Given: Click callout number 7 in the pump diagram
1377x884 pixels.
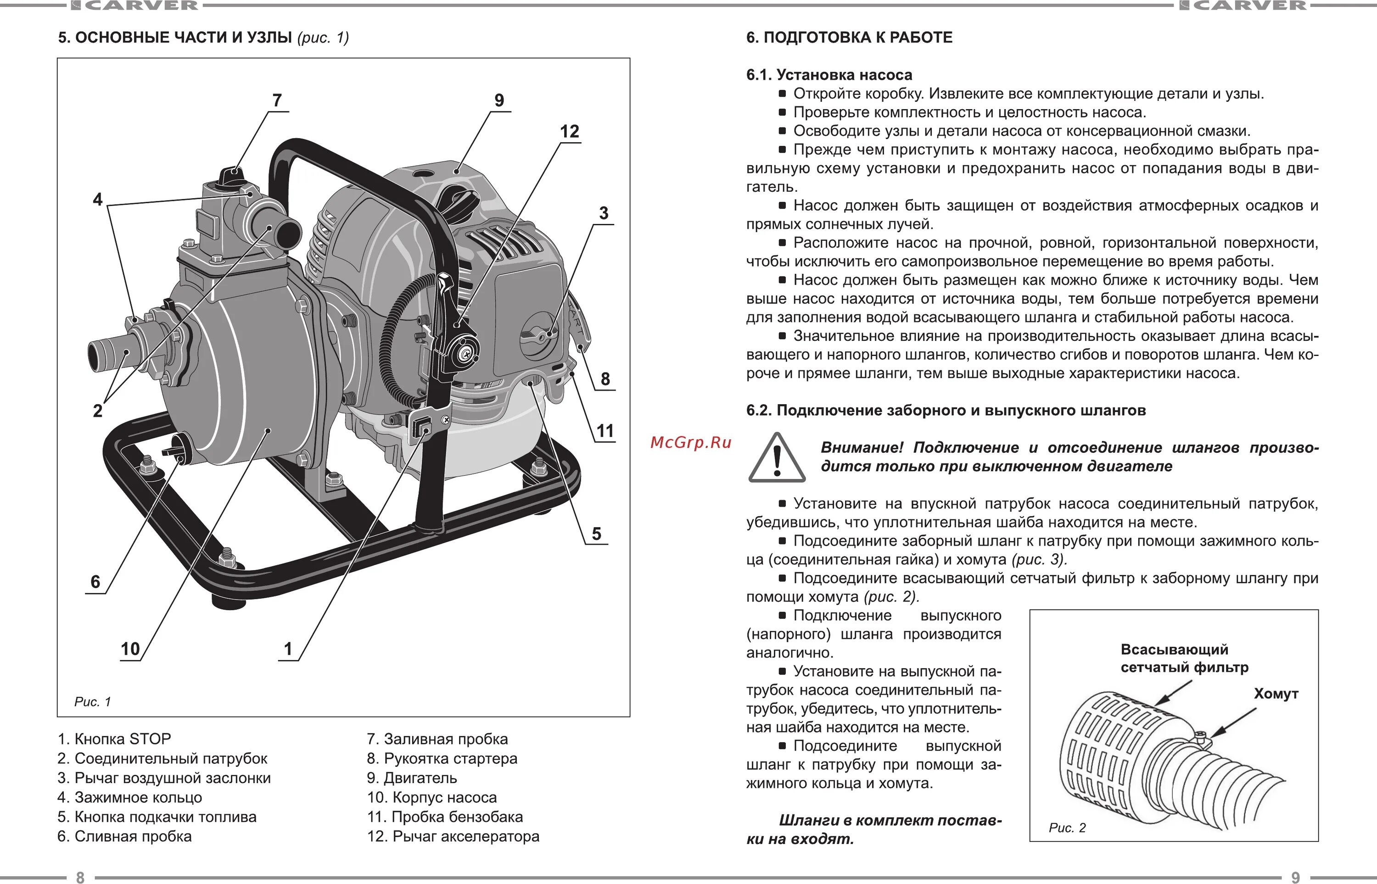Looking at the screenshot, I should [277, 100].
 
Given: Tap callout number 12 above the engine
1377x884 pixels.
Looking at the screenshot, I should [569, 132].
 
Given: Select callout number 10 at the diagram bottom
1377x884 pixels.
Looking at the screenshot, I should [130, 649].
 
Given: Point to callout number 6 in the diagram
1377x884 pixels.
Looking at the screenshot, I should [95, 582].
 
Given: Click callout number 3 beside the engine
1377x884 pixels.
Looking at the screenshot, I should [604, 213].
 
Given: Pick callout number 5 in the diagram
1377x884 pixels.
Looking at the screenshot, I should [597, 534].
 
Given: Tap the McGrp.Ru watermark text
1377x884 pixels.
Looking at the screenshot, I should [691, 443].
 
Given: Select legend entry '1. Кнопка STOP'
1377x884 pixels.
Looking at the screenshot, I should [114, 739].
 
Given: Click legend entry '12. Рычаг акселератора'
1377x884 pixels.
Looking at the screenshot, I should [453, 836].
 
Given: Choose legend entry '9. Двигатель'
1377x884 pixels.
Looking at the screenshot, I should [412, 778].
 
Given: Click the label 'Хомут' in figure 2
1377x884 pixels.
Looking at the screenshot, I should [1276, 694].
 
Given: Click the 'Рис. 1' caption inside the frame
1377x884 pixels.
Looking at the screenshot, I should [92, 701].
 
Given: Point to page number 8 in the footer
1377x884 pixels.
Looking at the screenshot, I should [80, 877].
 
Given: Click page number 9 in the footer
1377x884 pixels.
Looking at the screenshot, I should [1295, 877].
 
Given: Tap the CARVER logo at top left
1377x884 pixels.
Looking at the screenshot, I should [134, 6].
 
